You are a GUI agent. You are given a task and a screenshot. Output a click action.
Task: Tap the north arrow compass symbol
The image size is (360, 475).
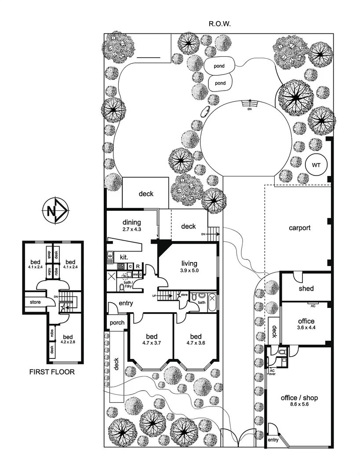pos(55,210)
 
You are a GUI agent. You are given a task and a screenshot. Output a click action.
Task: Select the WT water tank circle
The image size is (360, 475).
pos(316,165)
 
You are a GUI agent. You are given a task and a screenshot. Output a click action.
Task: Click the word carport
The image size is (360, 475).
pos(300,228)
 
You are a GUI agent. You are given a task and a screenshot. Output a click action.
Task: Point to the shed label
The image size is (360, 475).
pos(306,289)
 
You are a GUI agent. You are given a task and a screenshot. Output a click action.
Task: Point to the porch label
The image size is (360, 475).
pos(117,323)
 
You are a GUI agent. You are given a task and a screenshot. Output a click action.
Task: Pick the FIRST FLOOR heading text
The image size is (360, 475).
pos(52,372)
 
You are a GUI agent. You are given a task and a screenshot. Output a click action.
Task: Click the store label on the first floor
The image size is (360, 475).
pos(35,302)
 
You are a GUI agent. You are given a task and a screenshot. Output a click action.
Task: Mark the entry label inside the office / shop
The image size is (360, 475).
pos(273,440)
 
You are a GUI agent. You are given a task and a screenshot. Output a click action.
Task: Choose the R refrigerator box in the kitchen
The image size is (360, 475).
pos(138,266)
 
